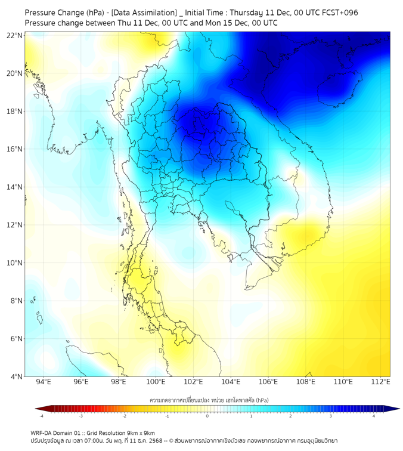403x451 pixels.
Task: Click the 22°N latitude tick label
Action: tap(15, 35)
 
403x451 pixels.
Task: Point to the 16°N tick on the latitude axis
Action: tap(15, 149)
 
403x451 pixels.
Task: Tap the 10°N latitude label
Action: tap(15, 263)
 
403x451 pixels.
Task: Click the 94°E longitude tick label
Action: tap(44, 382)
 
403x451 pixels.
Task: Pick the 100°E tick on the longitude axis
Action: tap(156, 382)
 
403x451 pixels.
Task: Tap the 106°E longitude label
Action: tap(268, 382)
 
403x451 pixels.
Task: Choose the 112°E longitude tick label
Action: tap(380, 382)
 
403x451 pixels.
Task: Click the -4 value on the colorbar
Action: tap(41, 416)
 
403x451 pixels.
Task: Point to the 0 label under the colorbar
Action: tap(207, 416)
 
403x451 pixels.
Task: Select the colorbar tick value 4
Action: tap(374, 416)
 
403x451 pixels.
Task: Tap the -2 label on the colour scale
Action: tap(124, 416)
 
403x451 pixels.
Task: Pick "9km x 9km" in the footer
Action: tap(138, 433)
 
